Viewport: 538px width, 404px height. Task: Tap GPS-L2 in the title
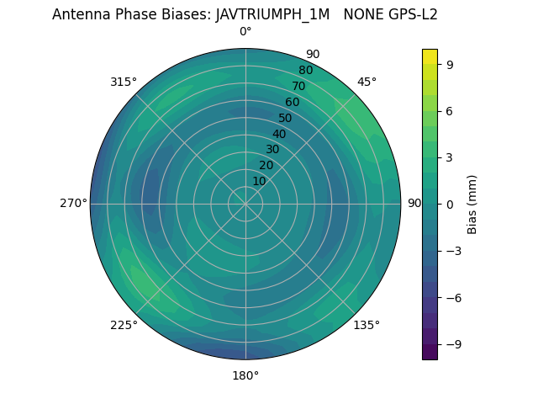[x=411, y=14]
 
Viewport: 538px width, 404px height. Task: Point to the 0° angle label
[x=245, y=32]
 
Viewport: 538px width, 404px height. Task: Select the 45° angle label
[x=367, y=82]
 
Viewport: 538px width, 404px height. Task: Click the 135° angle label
[x=367, y=325]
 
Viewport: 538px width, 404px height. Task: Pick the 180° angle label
[x=245, y=375]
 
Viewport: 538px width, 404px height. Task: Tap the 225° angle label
[x=124, y=326]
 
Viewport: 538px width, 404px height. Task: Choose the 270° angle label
[x=74, y=204]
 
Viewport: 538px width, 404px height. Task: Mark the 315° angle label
[x=124, y=82]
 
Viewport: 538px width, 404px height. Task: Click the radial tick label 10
[x=259, y=181]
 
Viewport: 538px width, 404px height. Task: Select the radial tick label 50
[x=286, y=119]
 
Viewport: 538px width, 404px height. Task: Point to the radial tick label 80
[x=306, y=70]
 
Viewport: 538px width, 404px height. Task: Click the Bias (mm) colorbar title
[x=473, y=204]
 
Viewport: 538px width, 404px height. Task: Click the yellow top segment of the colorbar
[x=430, y=56]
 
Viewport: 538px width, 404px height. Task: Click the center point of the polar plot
[x=245, y=204]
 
